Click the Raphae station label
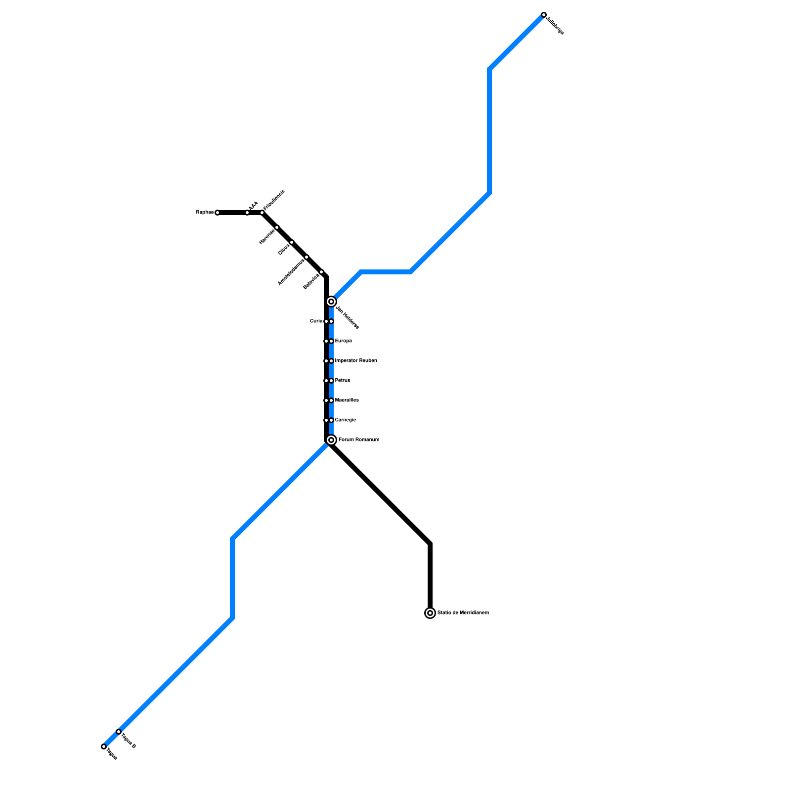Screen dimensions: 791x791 (x=205, y=213)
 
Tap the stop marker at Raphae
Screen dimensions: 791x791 (x=218, y=213)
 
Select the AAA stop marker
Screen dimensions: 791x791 (x=247, y=213)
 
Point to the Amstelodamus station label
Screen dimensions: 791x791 (x=291, y=272)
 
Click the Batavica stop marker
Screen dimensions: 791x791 (x=321, y=272)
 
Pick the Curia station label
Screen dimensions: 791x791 (x=316, y=321)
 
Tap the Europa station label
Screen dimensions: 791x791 (x=344, y=341)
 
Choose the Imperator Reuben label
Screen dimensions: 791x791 (x=356, y=361)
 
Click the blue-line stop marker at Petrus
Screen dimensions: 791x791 (x=331, y=381)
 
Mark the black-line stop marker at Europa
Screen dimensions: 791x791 (x=326, y=341)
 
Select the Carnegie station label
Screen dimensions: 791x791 (x=346, y=420)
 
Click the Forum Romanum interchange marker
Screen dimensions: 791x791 (x=331, y=440)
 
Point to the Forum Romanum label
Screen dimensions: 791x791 (x=359, y=440)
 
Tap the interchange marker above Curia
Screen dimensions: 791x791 (x=331, y=302)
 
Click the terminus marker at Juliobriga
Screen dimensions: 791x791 (x=544, y=15)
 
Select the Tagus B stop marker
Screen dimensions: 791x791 (x=119, y=732)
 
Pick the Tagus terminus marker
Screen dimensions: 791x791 (x=104, y=747)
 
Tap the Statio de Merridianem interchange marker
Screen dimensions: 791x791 (x=430, y=613)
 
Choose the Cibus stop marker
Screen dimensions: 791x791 (x=292, y=242)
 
